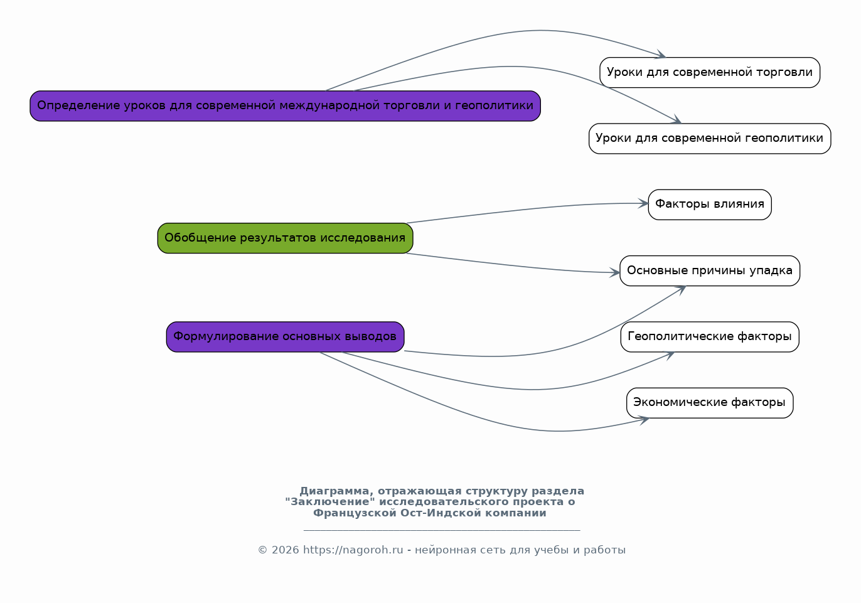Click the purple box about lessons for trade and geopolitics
285,106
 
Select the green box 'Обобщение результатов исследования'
285,238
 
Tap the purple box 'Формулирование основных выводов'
285,337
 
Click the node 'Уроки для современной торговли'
710,73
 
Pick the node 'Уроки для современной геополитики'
710,139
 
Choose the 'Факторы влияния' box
710,205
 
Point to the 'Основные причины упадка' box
710,271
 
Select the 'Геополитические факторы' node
710,337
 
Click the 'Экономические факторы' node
710,403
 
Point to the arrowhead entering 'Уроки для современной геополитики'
676,120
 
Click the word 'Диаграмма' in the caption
334,491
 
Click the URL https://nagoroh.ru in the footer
353,550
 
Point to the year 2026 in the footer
285,550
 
